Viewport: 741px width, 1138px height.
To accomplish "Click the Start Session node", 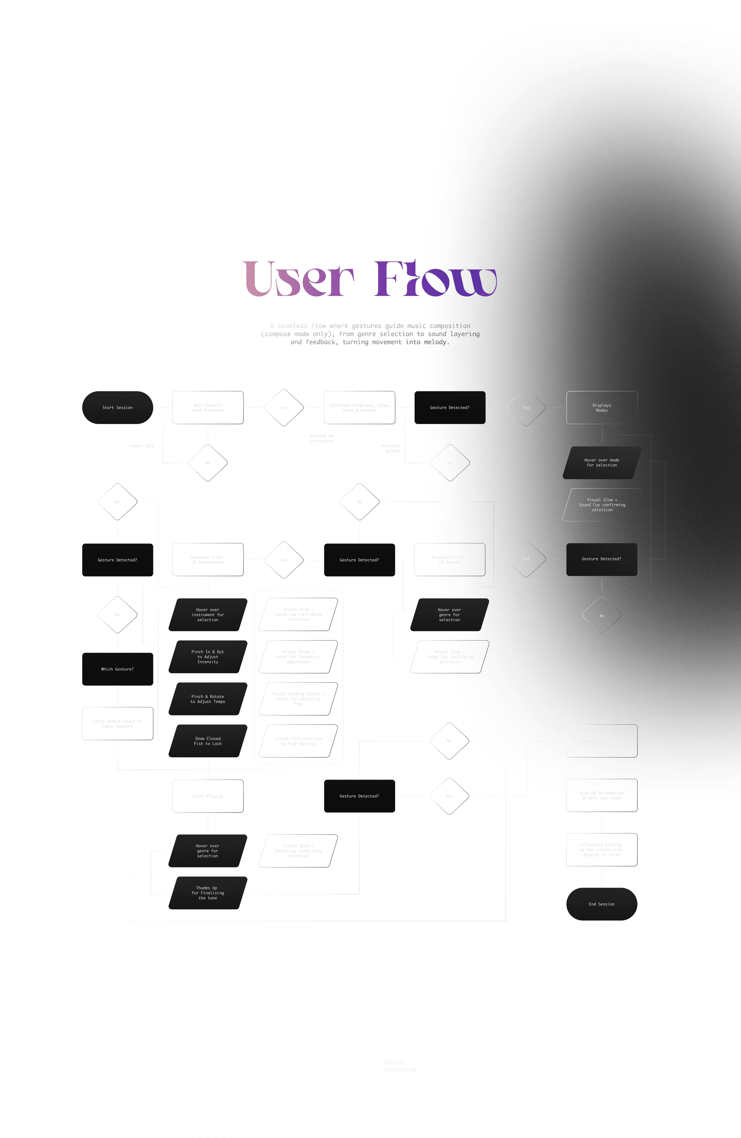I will pos(118,407).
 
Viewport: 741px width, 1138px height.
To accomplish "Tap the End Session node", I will pos(602,904).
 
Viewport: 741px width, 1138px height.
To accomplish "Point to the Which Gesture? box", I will pos(118,669).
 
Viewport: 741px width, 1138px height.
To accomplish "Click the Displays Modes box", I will pos(602,407).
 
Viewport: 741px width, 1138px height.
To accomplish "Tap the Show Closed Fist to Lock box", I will pos(208,741).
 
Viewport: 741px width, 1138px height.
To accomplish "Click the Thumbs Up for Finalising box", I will pos(208,893).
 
